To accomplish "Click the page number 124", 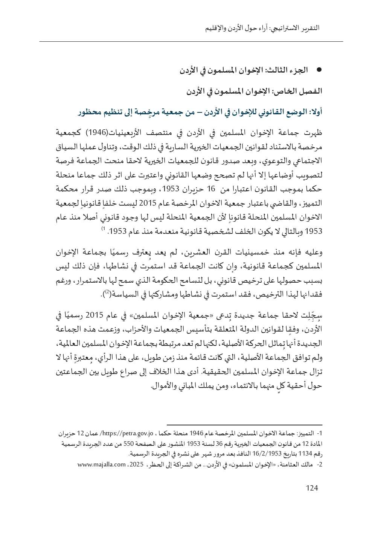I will (312, 488).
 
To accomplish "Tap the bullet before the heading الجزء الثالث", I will (319, 70).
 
